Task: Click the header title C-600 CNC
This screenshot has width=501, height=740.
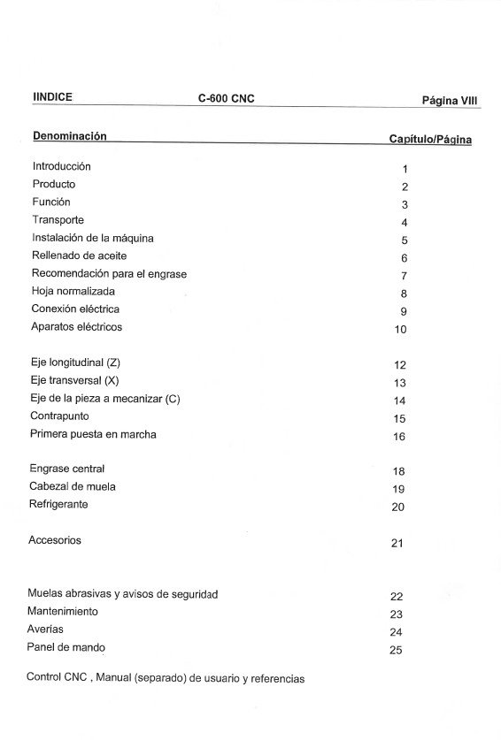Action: [226, 99]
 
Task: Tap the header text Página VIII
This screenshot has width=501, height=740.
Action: [450, 101]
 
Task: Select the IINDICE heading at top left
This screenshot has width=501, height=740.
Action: [52, 97]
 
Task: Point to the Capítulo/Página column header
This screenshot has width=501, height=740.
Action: [430, 140]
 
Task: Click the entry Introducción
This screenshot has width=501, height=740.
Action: [61, 166]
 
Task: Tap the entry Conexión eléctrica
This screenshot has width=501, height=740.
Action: [75, 309]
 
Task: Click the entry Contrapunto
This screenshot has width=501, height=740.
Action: [61, 416]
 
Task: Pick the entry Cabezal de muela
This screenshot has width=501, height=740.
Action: [73, 486]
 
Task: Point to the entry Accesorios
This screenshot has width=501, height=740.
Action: [55, 540]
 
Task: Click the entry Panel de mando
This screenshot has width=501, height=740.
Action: [66, 647]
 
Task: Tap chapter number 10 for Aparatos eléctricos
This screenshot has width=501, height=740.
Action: [400, 330]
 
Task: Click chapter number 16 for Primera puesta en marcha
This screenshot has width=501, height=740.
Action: [399, 437]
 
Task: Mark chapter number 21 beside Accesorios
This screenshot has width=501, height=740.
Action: [397, 543]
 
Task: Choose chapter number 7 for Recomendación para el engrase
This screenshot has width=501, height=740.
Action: [403, 276]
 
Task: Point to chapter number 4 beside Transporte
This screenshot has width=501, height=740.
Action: [404, 223]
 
